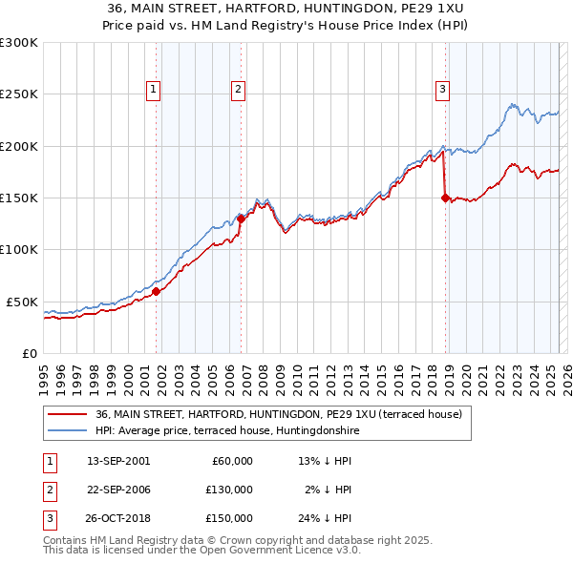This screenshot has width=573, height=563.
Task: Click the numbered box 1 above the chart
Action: pyautogui.click(x=155, y=91)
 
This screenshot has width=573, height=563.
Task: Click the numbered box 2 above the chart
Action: pyautogui.click(x=238, y=91)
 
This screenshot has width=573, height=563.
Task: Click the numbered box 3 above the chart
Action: pyautogui.click(x=443, y=91)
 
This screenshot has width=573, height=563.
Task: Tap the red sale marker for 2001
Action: pyautogui.click(x=157, y=292)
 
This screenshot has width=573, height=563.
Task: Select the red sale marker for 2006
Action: pyautogui.click(x=241, y=219)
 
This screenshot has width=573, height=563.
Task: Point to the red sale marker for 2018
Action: pyautogui.click(x=445, y=198)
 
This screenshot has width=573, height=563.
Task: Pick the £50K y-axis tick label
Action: pyautogui.click(x=22, y=302)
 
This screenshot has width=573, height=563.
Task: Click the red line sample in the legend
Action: pyautogui.click(x=69, y=414)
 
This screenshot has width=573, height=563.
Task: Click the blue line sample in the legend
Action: pyautogui.click(x=69, y=429)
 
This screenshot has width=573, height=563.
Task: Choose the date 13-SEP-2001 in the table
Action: pyautogui.click(x=118, y=461)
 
